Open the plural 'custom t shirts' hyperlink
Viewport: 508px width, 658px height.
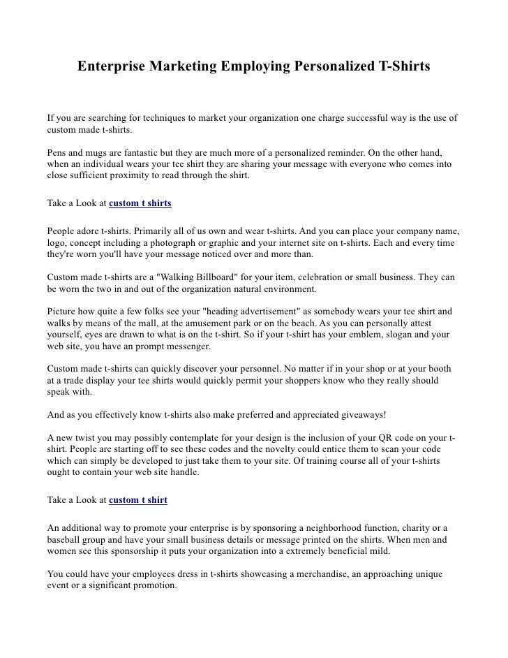point(140,203)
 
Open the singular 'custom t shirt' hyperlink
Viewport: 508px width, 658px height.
point(138,500)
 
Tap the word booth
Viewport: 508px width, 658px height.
point(436,368)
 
